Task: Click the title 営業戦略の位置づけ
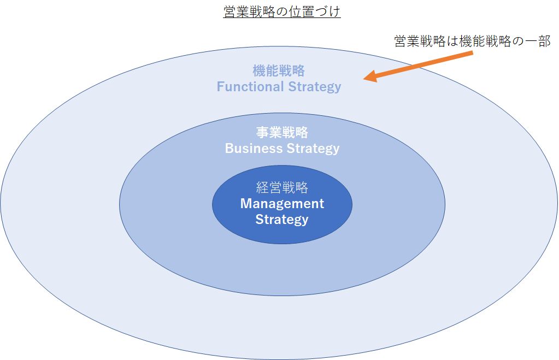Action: pyautogui.click(x=281, y=12)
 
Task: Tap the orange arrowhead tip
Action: pyautogui.click(x=363, y=79)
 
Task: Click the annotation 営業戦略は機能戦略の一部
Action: pyautogui.click(x=472, y=42)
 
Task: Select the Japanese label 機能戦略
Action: pyautogui.click(x=279, y=70)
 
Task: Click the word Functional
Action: pyautogui.click(x=250, y=87)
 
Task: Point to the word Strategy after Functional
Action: pyautogui.click(x=315, y=87)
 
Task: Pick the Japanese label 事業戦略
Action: pyautogui.click(x=282, y=132)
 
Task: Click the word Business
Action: pyautogui.click(x=254, y=148)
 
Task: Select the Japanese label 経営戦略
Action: pyautogui.click(x=282, y=187)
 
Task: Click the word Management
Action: pyautogui.click(x=282, y=204)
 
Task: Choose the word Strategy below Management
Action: pyautogui.click(x=281, y=220)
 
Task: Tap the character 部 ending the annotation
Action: pyautogui.click(x=545, y=42)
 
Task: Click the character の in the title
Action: pyautogui.click(x=281, y=12)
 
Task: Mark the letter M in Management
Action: pyautogui.click(x=246, y=204)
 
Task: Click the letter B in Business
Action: pyautogui.click(x=230, y=148)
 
